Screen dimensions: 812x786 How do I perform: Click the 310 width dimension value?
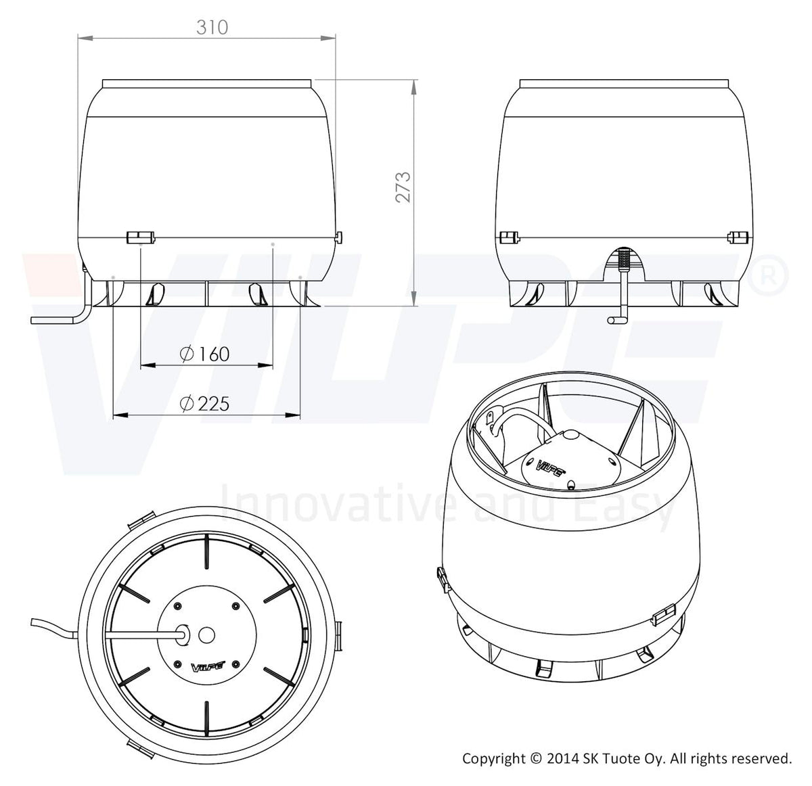[212, 28]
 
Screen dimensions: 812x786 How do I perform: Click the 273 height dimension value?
[403, 187]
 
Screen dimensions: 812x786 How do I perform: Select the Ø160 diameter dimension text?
[204, 354]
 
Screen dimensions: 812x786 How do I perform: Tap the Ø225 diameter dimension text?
[204, 403]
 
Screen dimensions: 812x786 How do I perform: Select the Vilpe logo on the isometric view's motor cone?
[551, 465]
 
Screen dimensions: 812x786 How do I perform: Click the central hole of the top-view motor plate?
[206, 635]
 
